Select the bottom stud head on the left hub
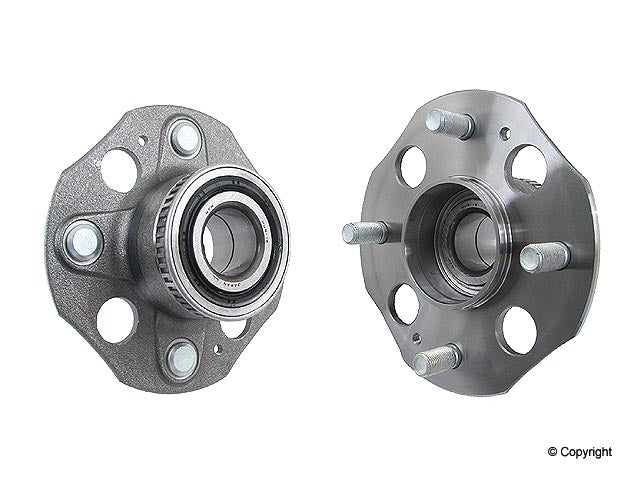point(181,356)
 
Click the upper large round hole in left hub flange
point(119,170)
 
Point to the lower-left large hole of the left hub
point(117,320)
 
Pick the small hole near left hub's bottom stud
point(217,349)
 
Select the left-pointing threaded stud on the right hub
point(368,232)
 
